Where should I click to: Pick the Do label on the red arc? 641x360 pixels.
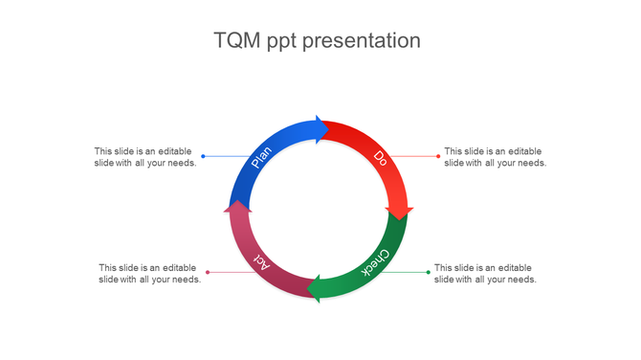pos(381,158)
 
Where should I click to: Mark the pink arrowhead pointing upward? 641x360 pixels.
pos(236,203)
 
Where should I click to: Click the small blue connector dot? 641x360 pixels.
pos(203,156)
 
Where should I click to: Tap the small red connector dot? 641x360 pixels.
pos(438,156)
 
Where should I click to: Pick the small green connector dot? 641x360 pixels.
pos(428,272)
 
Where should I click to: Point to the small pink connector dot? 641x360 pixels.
pos(208,272)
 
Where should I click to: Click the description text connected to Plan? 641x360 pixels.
pos(145,157)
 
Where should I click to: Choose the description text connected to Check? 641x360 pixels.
pos(485,273)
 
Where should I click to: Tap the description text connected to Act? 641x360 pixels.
pos(149,273)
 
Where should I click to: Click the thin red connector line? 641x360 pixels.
pos(416,156)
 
